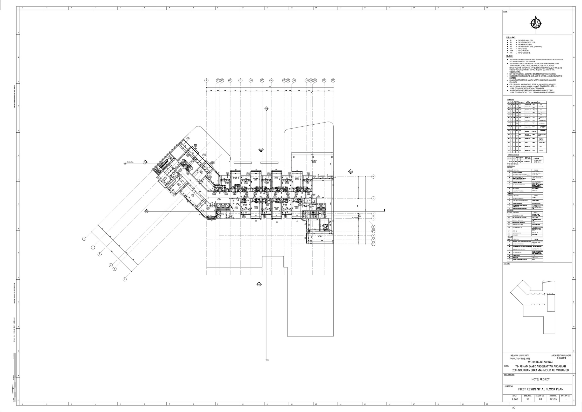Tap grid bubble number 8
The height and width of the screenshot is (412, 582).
(206, 80)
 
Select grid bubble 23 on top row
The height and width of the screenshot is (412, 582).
(333, 80)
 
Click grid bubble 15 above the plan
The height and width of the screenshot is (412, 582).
(262, 80)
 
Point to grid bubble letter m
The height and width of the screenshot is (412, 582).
(373, 177)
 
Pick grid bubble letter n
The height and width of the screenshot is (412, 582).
(373, 198)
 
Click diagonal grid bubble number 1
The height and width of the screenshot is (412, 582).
(84, 239)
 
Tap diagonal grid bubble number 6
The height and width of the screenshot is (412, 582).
(125, 279)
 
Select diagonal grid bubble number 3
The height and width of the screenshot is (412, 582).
(100, 254)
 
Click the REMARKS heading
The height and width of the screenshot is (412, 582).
(511, 38)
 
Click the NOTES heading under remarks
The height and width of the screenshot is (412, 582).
(509, 56)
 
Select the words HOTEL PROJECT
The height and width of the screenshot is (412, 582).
(540, 379)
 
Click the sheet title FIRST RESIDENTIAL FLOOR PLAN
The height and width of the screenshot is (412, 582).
(541, 396)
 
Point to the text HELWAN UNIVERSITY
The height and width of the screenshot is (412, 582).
(520, 355)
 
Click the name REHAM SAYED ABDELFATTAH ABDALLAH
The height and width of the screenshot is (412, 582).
(541, 366)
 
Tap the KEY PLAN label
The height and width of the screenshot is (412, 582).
(507, 264)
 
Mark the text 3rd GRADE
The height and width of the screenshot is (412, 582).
(561, 358)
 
